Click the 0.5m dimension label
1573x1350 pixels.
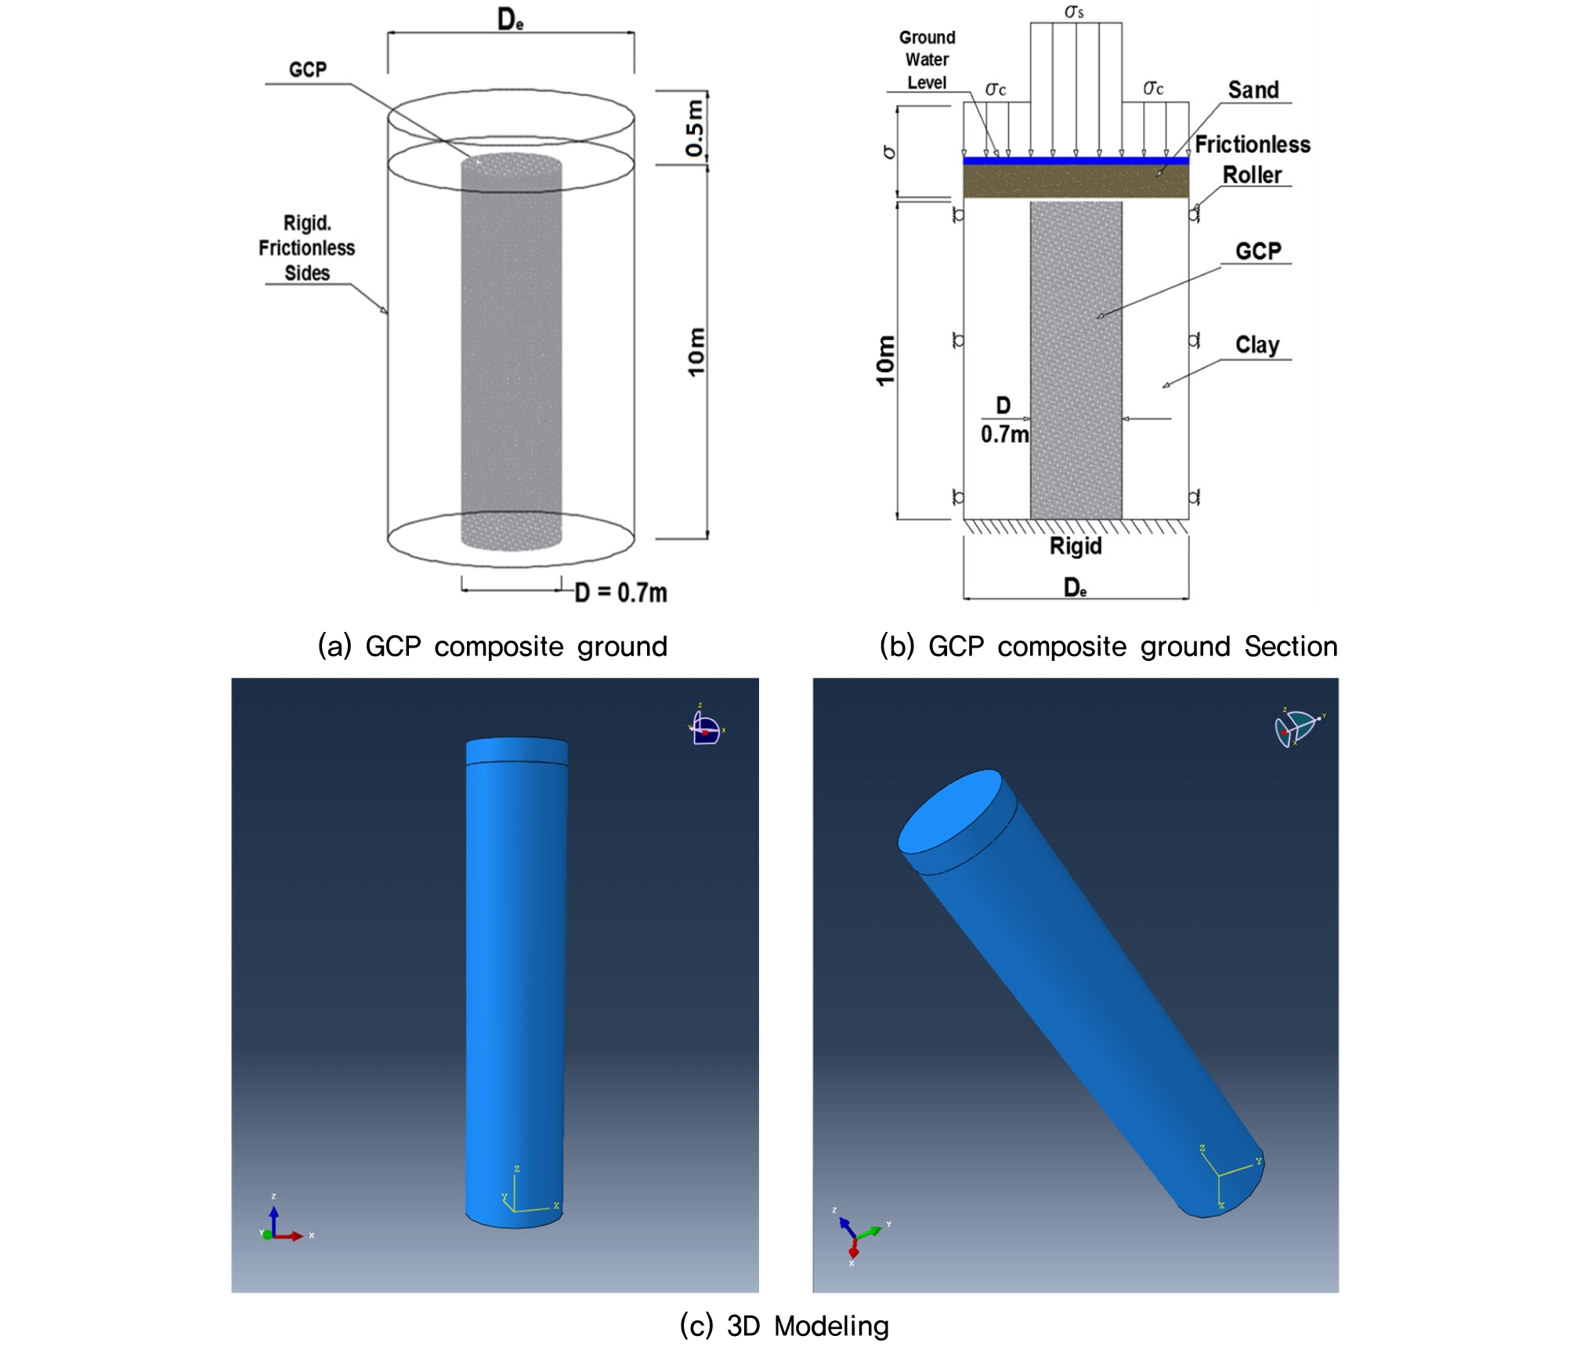click(695, 128)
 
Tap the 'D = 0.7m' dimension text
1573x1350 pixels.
click(621, 593)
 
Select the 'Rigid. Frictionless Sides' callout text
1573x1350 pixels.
click(307, 247)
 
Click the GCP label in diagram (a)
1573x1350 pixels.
click(308, 70)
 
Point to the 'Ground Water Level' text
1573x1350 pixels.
click(928, 60)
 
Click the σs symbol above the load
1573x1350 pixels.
click(1074, 12)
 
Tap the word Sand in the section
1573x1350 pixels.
click(1253, 90)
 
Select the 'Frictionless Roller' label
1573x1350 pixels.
click(1253, 160)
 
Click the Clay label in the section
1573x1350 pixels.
click(1257, 345)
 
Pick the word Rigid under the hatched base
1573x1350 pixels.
click(1076, 546)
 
